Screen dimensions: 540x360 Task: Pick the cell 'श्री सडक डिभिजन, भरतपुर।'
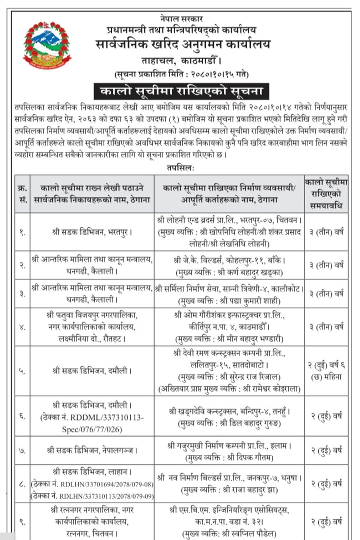pyautogui.click(x=90, y=232)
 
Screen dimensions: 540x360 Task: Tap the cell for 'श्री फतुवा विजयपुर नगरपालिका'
pyautogui.click(x=90, y=327)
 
